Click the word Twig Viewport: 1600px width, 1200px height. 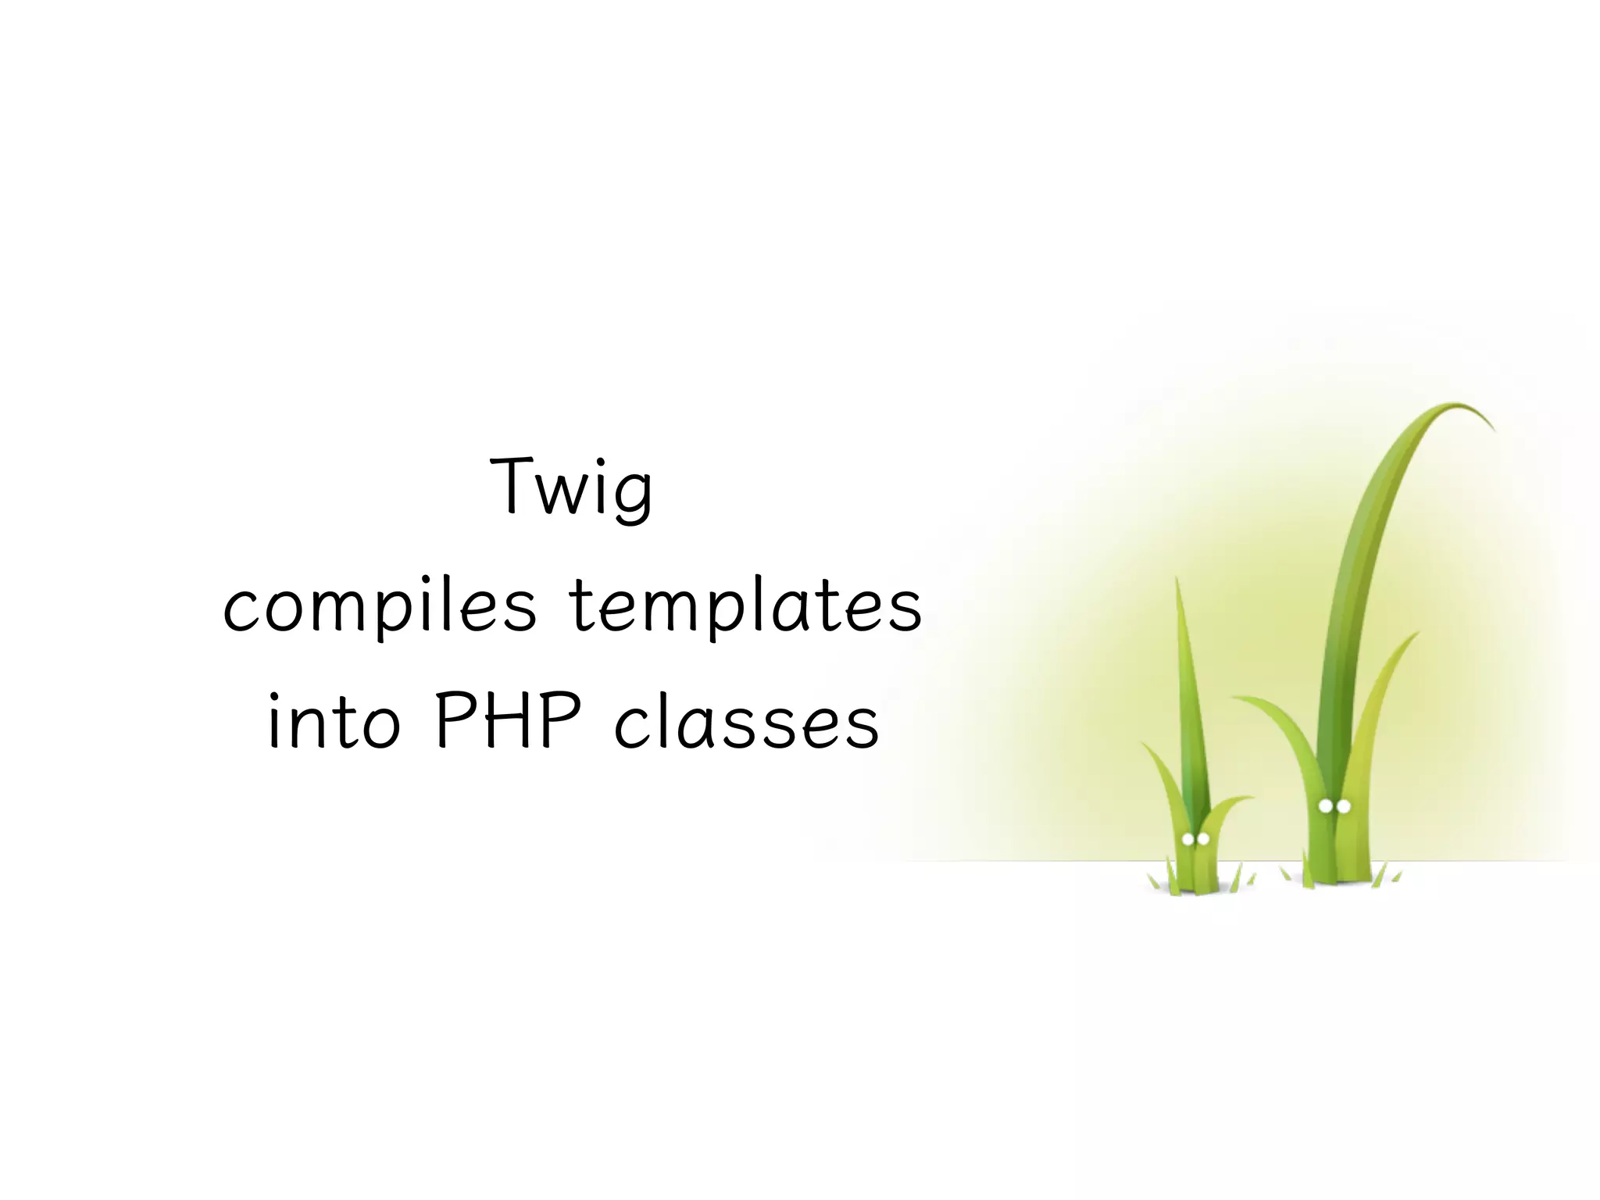(x=571, y=488)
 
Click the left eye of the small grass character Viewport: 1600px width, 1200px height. (x=1188, y=839)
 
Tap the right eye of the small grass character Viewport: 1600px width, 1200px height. (x=1203, y=839)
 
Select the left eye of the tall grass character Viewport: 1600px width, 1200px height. (x=1326, y=805)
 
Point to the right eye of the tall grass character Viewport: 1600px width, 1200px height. (x=1343, y=805)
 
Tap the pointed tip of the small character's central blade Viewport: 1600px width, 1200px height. (x=1178, y=582)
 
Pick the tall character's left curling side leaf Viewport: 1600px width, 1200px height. (x=1273, y=719)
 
